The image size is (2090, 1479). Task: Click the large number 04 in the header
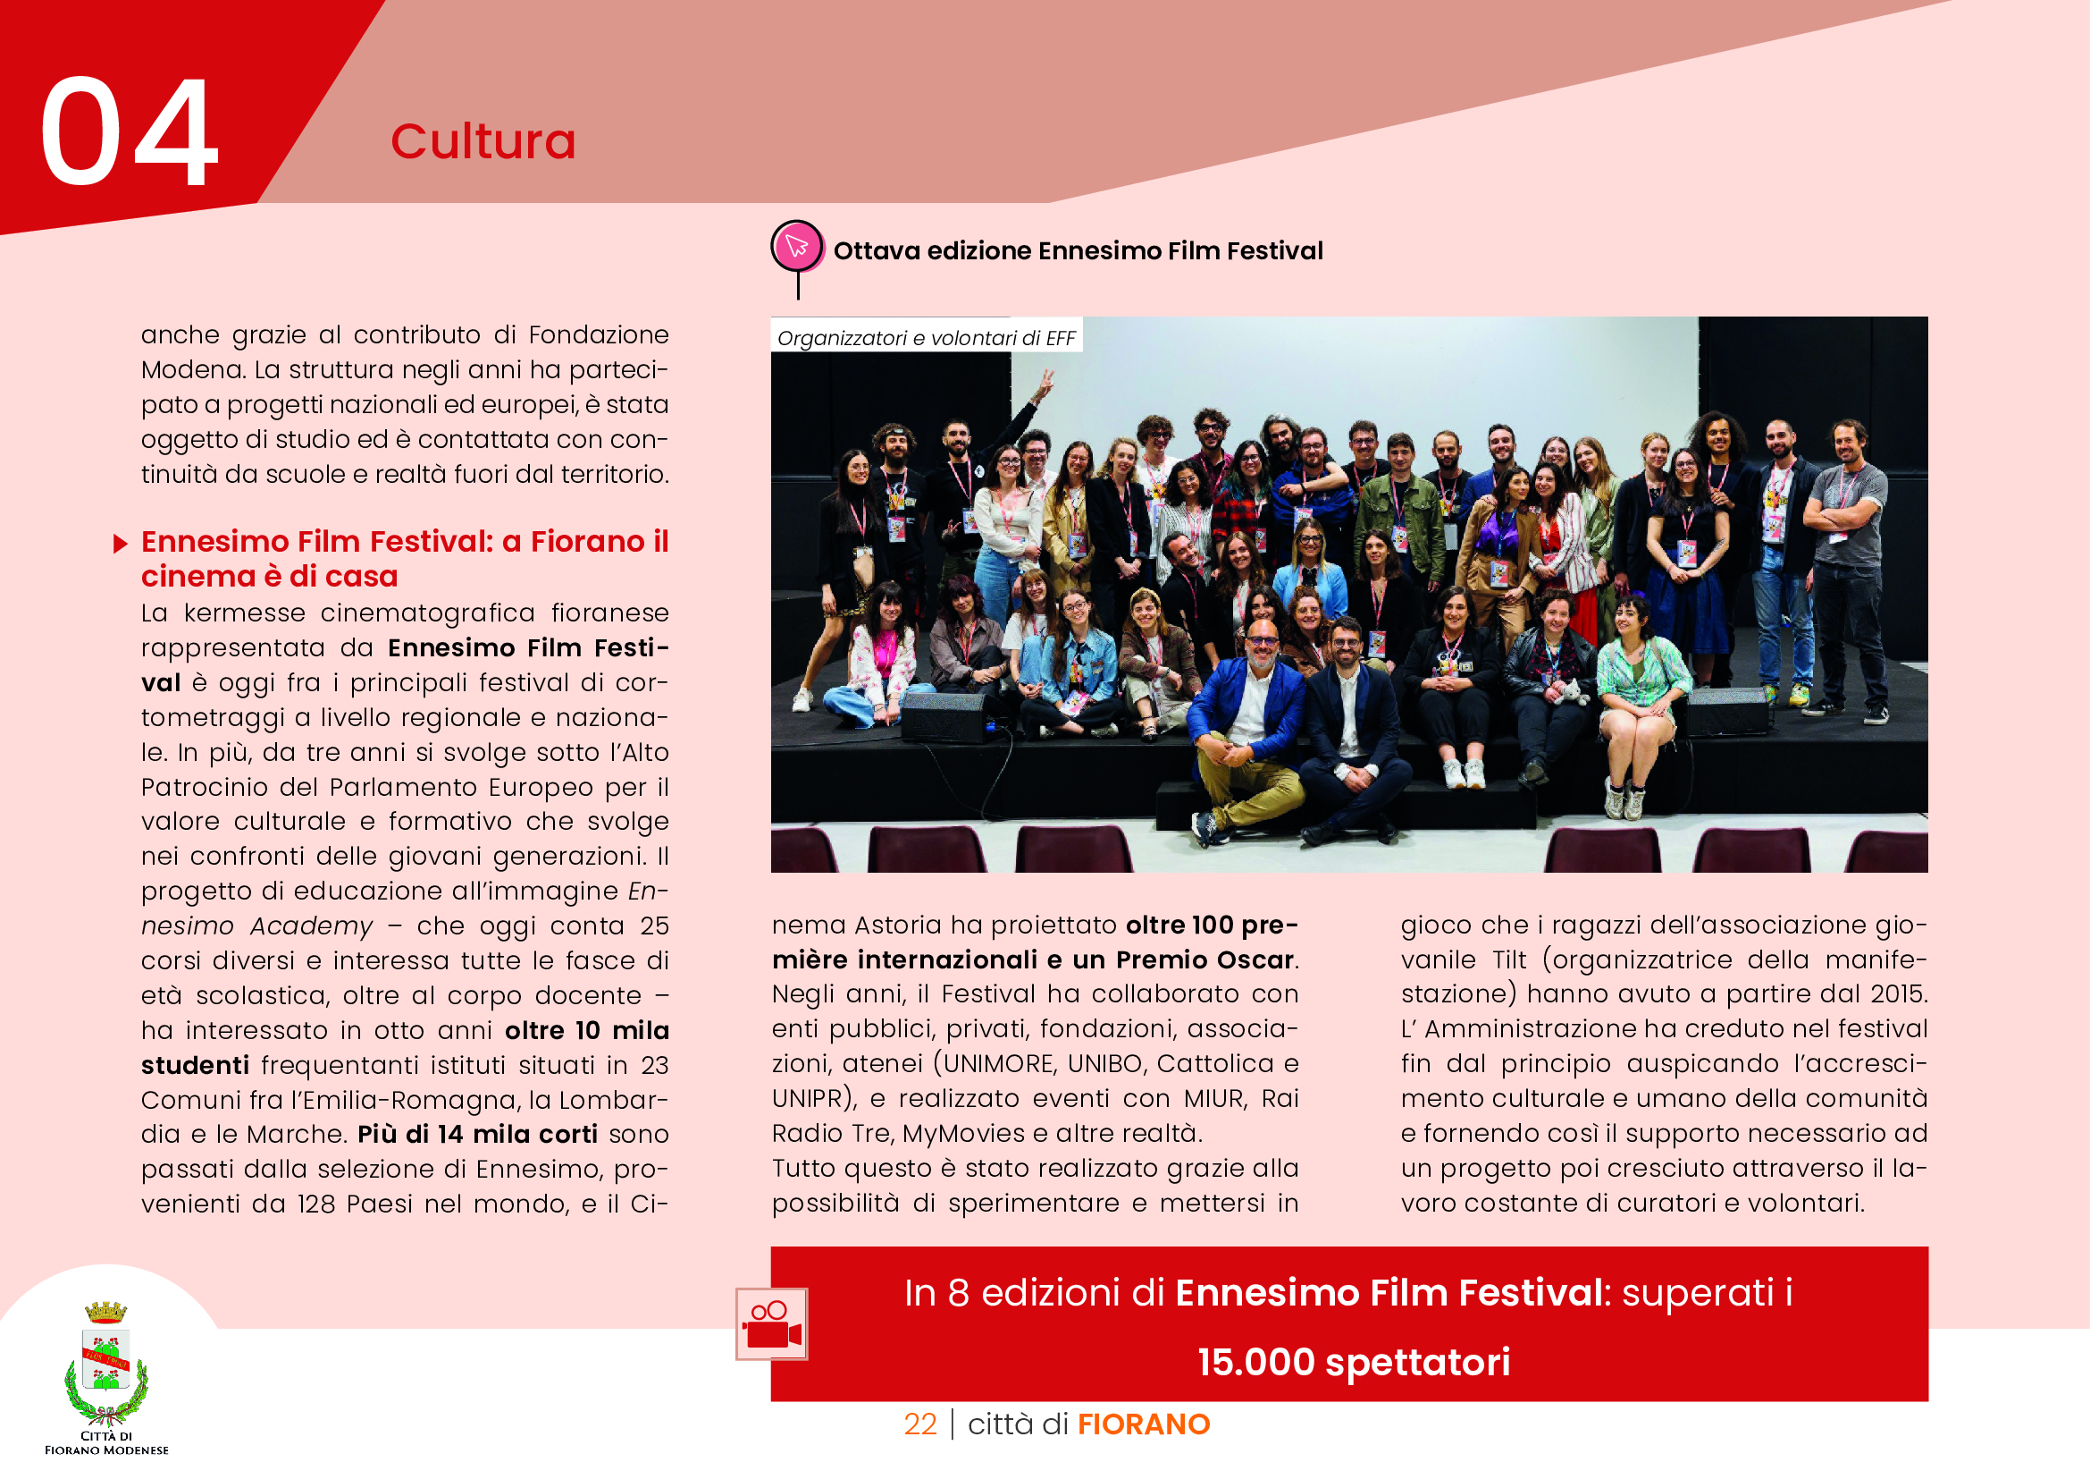(129, 132)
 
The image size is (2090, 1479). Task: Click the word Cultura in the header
(483, 142)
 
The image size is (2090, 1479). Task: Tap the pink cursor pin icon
(796, 245)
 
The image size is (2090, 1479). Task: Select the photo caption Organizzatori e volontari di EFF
(926, 338)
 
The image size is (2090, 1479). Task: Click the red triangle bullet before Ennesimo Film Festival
(120, 544)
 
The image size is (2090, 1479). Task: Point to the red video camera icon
(771, 1325)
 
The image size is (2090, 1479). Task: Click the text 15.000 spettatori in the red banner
(1354, 1363)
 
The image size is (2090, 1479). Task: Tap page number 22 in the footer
(919, 1424)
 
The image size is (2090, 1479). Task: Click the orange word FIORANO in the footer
(1144, 1424)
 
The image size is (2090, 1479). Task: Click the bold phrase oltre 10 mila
(587, 1030)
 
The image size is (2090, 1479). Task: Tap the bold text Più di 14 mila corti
(477, 1134)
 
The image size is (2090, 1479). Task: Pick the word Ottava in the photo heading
(876, 251)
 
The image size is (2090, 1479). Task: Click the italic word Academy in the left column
(311, 926)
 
